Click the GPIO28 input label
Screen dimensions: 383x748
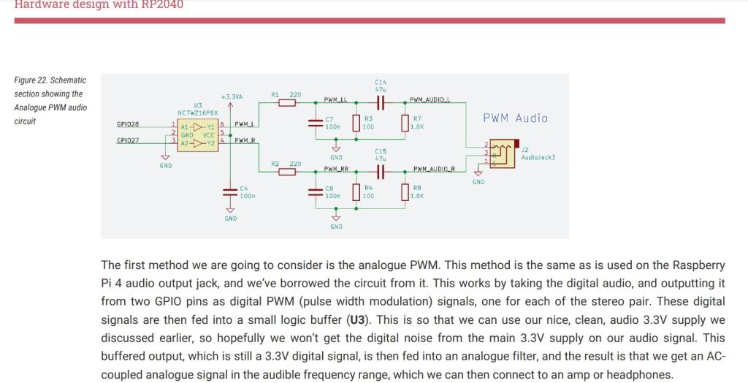tap(127, 125)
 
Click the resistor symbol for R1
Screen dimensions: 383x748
tap(287, 103)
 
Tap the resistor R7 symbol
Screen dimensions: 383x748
tap(405, 123)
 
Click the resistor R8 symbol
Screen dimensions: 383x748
tap(405, 192)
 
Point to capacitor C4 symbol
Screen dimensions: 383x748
tap(231, 192)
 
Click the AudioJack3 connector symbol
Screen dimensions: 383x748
tap(500, 152)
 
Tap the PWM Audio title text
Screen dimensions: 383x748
tap(515, 118)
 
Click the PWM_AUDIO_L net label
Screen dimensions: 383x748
tap(430, 100)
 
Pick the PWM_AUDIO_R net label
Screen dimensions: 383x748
tap(434, 169)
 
